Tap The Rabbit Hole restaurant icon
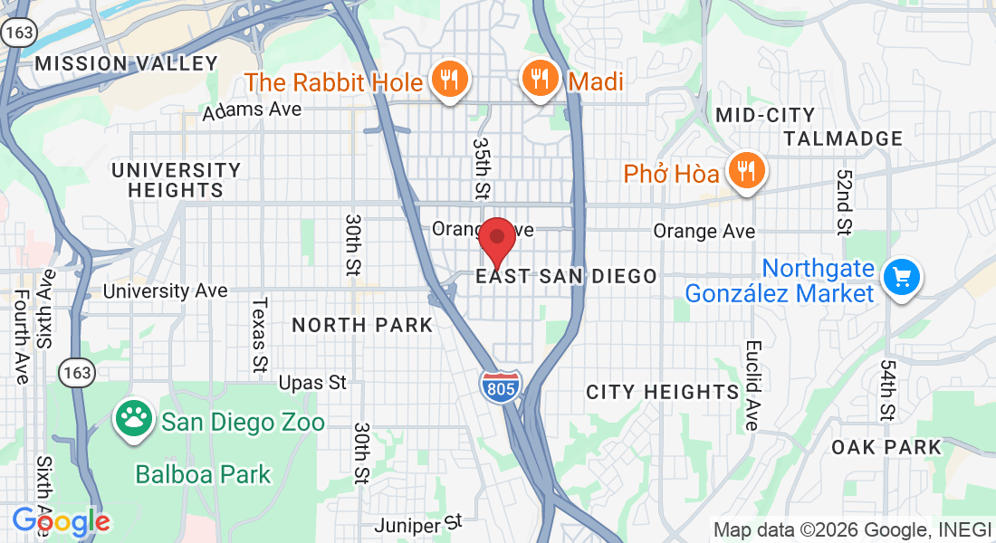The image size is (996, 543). click(448, 80)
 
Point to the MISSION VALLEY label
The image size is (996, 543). click(127, 63)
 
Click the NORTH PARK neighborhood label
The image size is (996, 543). click(362, 325)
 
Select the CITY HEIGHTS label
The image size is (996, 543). click(663, 392)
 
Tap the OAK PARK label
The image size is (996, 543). click(886, 447)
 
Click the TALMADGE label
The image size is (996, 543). click(843, 138)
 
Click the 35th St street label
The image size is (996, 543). click(482, 169)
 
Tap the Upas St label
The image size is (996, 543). click(312, 383)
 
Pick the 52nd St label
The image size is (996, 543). click(844, 202)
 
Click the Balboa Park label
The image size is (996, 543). click(203, 473)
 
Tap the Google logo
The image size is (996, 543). click(61, 522)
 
